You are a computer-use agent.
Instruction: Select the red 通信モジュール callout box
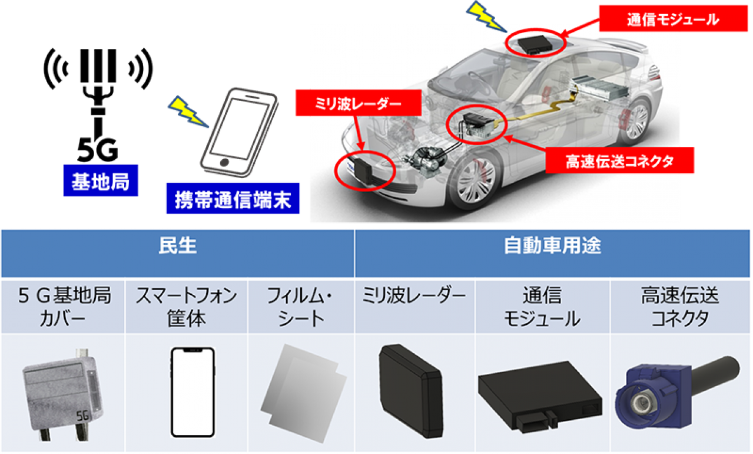point(670,20)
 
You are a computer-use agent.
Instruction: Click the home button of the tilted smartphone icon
point(224,162)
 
